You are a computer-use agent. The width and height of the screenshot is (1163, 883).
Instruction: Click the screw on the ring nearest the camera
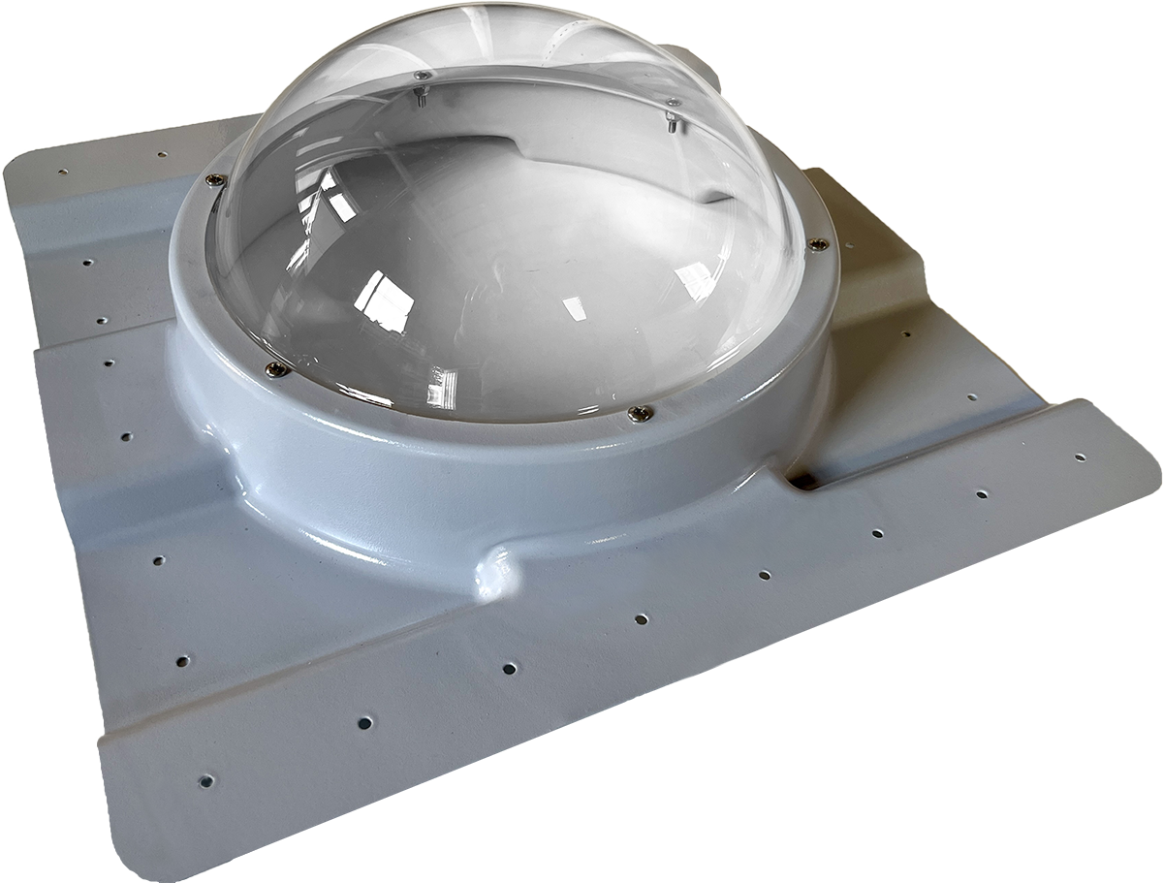(x=639, y=414)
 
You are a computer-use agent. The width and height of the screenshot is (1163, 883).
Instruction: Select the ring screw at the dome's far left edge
(x=214, y=178)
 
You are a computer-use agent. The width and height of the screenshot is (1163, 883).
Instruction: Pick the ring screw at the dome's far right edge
(x=819, y=244)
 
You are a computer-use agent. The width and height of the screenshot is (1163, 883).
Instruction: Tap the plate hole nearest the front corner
(x=205, y=779)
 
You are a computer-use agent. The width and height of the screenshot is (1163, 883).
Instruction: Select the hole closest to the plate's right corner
(x=1080, y=457)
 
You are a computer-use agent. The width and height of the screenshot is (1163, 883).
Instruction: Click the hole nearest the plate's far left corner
(x=62, y=172)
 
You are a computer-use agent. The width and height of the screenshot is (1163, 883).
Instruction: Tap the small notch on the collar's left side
(x=231, y=463)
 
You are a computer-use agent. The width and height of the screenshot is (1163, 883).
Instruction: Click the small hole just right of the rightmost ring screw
(x=907, y=334)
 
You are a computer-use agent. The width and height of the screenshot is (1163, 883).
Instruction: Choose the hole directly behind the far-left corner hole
(x=161, y=153)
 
